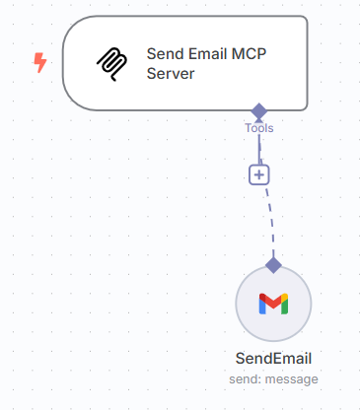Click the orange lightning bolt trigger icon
pos(40,63)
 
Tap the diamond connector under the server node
pos(259,111)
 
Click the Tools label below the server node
pos(259,128)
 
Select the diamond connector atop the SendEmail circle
pos(274,264)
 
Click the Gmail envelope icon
pos(274,303)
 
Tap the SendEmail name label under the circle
pos(274,358)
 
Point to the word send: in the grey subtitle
pos(248,378)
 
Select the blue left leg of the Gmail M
pos(262,305)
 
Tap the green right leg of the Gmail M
pos(286,305)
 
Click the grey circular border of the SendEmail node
pos(237,303)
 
